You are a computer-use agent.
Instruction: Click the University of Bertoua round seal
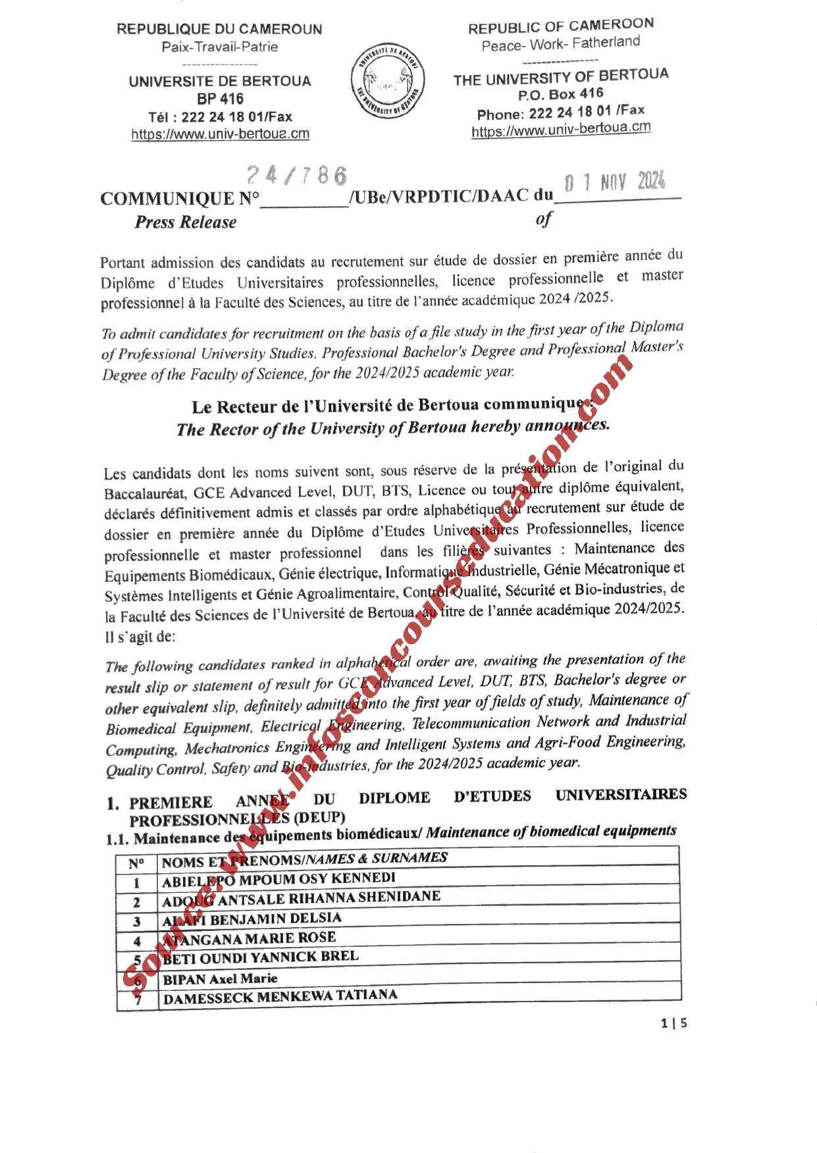coord(388,81)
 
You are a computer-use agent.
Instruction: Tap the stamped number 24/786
coord(297,175)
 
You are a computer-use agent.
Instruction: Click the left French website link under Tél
coord(220,134)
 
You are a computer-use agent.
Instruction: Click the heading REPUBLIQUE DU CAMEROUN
coord(219,29)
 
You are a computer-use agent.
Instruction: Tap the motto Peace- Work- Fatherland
coord(560,44)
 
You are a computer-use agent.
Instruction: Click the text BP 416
coord(220,99)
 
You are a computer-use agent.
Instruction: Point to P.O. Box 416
coord(560,95)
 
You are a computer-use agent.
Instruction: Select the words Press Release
coord(186,223)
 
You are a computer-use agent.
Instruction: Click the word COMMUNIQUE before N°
coord(167,199)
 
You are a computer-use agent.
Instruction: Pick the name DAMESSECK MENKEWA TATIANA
coord(280,996)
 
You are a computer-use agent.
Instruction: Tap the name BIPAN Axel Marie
coord(220,979)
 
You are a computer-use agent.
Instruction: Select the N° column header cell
coord(136,863)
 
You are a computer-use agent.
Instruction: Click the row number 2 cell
coord(137,902)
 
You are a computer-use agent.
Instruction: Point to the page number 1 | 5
coord(674,1023)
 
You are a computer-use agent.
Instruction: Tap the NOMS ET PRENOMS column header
coord(304,859)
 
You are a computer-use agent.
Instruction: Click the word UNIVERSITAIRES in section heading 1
coord(621,795)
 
